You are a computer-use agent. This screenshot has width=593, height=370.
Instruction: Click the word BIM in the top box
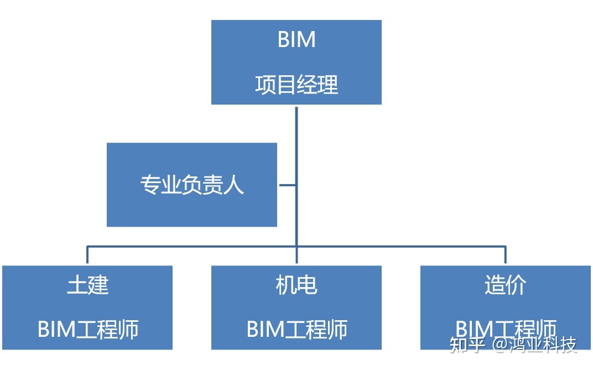pyautogui.click(x=296, y=40)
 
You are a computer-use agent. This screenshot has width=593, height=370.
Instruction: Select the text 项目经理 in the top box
pyautogui.click(x=296, y=85)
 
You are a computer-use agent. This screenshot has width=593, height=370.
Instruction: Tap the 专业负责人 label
pyautogui.click(x=192, y=185)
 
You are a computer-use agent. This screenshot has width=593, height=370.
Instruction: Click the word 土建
pyautogui.click(x=87, y=285)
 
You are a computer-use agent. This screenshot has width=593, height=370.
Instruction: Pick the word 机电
pyautogui.click(x=296, y=285)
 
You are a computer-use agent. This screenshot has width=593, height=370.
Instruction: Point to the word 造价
pyautogui.click(x=505, y=285)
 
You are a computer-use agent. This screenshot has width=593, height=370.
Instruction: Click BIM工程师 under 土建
pyautogui.click(x=87, y=330)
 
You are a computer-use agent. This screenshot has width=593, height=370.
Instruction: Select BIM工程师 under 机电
pyautogui.click(x=296, y=330)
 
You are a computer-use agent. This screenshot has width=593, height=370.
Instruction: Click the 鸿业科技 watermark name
pyautogui.click(x=544, y=345)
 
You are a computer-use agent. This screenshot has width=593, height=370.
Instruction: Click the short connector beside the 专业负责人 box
pyautogui.click(x=287, y=185)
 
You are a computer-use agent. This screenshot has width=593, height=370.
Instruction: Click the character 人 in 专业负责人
pyautogui.click(x=234, y=185)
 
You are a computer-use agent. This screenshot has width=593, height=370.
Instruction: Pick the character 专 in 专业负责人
pyautogui.click(x=150, y=185)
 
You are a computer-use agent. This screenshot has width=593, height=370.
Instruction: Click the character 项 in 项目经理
pyautogui.click(x=266, y=85)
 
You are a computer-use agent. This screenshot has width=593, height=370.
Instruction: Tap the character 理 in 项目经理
pyautogui.click(x=328, y=85)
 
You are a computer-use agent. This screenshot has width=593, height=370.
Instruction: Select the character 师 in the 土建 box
pyautogui.click(x=128, y=330)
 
